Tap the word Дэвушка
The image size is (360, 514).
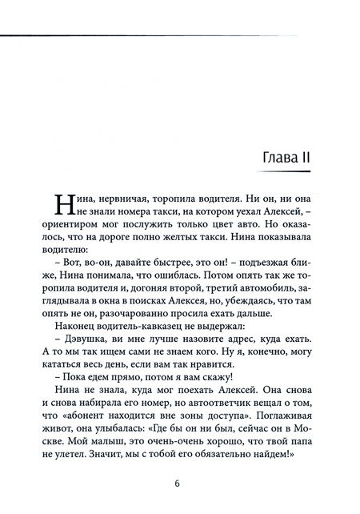pyautogui.click(x=81, y=367)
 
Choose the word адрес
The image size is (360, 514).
pyautogui.click(x=231, y=367)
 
